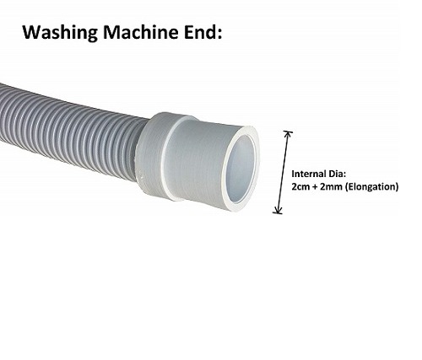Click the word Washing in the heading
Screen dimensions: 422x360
61,33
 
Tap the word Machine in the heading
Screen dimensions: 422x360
141,32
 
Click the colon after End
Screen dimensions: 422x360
219,34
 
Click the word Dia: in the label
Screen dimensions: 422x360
336,174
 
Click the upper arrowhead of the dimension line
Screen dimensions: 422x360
288,133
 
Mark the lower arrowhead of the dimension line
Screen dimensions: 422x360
278,211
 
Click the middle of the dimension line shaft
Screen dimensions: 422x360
283,172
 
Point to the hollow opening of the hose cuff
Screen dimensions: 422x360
241,169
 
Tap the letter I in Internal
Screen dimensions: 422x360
293,174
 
